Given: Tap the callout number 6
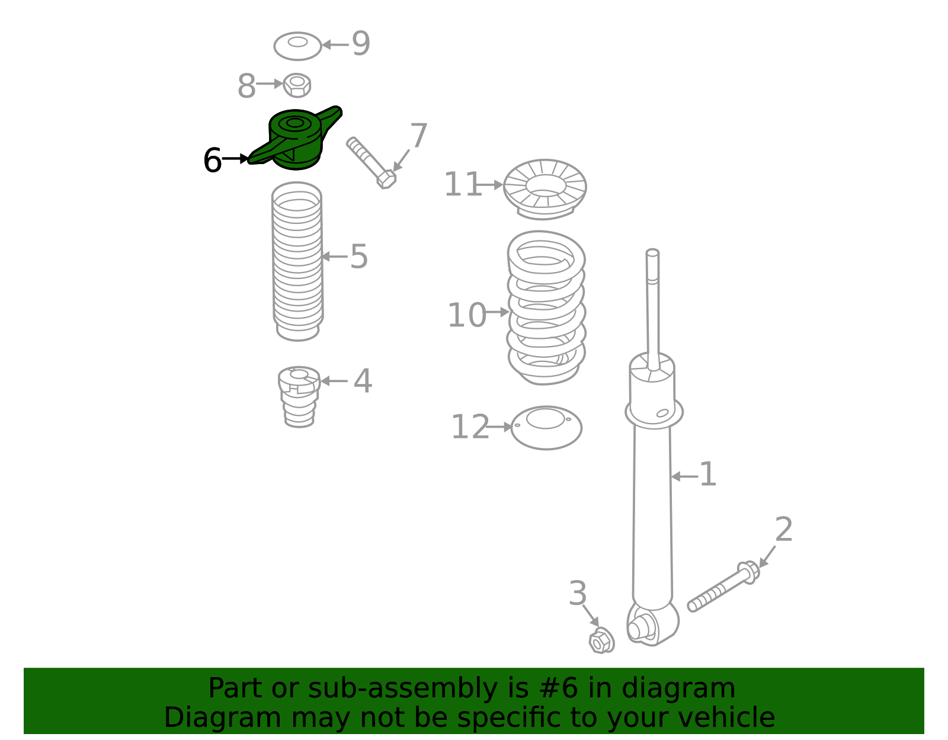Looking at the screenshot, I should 212,161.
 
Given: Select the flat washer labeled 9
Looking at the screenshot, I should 297,46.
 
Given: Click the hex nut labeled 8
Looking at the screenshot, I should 297,85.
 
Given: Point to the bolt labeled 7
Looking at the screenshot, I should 371,162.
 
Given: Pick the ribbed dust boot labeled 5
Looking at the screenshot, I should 297,261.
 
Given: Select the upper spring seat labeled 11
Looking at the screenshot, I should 545,188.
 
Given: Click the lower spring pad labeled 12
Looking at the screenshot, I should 546,427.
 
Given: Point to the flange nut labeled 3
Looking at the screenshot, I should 601,641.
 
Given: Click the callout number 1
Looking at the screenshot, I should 707,475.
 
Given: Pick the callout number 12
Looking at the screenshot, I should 470,427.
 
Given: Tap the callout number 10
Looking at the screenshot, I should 466,315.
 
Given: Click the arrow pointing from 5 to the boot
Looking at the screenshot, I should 334,257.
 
